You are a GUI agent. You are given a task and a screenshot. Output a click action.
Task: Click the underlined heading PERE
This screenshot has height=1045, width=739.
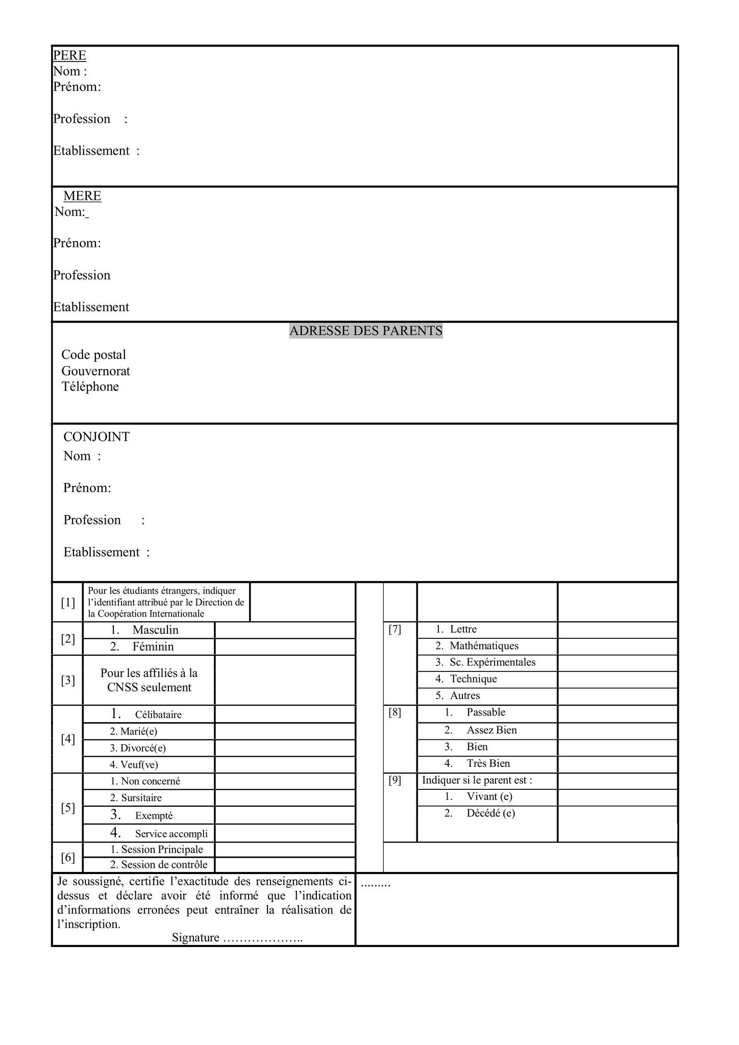pyautogui.click(x=69, y=55)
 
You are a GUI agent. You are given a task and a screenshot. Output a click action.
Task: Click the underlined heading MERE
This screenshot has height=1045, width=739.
pyautogui.click(x=82, y=196)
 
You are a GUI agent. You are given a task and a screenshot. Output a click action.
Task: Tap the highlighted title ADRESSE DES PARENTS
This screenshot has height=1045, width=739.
pyautogui.click(x=365, y=331)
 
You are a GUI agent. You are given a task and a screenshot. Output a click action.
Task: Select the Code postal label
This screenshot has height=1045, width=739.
pyautogui.click(x=93, y=355)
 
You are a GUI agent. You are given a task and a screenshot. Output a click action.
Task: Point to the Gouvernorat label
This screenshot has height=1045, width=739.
pyautogui.click(x=95, y=371)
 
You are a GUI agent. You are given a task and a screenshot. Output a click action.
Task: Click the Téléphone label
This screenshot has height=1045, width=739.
pyautogui.click(x=90, y=387)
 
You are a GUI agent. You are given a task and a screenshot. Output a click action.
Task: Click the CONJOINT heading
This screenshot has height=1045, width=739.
pyautogui.click(x=96, y=437)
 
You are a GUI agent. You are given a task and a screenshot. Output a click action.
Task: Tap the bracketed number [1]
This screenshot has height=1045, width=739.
pyautogui.click(x=68, y=603)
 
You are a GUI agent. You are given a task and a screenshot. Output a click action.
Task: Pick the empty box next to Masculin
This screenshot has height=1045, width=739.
pyautogui.click(x=285, y=630)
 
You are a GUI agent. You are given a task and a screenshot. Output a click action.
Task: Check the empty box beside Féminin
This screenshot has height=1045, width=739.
pyautogui.click(x=285, y=647)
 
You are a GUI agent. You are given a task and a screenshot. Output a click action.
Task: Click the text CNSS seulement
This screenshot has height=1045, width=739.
pyautogui.click(x=149, y=687)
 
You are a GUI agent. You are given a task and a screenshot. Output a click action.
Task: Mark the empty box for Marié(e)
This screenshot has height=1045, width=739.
pyautogui.click(x=285, y=731)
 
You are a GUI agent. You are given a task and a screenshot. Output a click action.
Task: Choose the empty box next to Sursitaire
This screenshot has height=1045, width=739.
pyautogui.click(x=285, y=798)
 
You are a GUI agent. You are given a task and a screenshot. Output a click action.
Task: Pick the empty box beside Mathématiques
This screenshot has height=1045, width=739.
pyautogui.click(x=618, y=646)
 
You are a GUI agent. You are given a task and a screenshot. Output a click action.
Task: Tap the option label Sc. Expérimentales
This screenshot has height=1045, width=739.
pyautogui.click(x=492, y=662)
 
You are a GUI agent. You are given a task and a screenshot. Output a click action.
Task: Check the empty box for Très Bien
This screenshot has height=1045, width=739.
pyautogui.click(x=618, y=764)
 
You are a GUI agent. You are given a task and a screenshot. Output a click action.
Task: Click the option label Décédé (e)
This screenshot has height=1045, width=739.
pyautogui.click(x=490, y=813)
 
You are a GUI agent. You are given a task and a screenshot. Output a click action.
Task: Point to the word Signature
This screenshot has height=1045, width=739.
pyautogui.click(x=195, y=938)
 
